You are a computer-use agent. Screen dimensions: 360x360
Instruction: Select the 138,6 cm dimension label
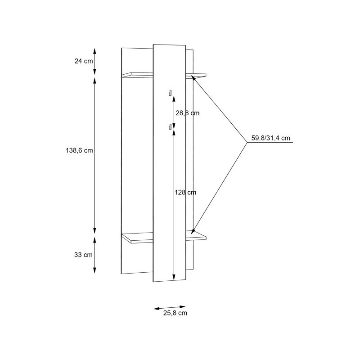pyautogui.click(x=79, y=151)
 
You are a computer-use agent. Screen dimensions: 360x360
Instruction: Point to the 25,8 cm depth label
pyautogui.click(x=175, y=313)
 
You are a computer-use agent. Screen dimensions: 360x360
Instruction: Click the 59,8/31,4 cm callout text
pyautogui.click(x=270, y=138)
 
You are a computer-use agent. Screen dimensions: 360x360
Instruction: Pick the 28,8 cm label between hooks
pyautogui.click(x=187, y=113)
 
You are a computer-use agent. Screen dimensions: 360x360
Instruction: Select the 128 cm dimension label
pyautogui.click(x=186, y=193)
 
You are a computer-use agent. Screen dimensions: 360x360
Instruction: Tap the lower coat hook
pyautogui.click(x=170, y=126)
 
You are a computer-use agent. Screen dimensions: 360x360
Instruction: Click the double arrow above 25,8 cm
pyautogui.click(x=170, y=306)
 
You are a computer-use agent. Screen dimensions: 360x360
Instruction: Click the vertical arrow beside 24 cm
pyautogui.click(x=94, y=61)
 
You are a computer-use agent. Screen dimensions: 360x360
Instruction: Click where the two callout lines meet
pyautogui.click(x=247, y=143)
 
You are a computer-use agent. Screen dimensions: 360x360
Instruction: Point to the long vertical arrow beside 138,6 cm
pyautogui.click(x=94, y=153)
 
